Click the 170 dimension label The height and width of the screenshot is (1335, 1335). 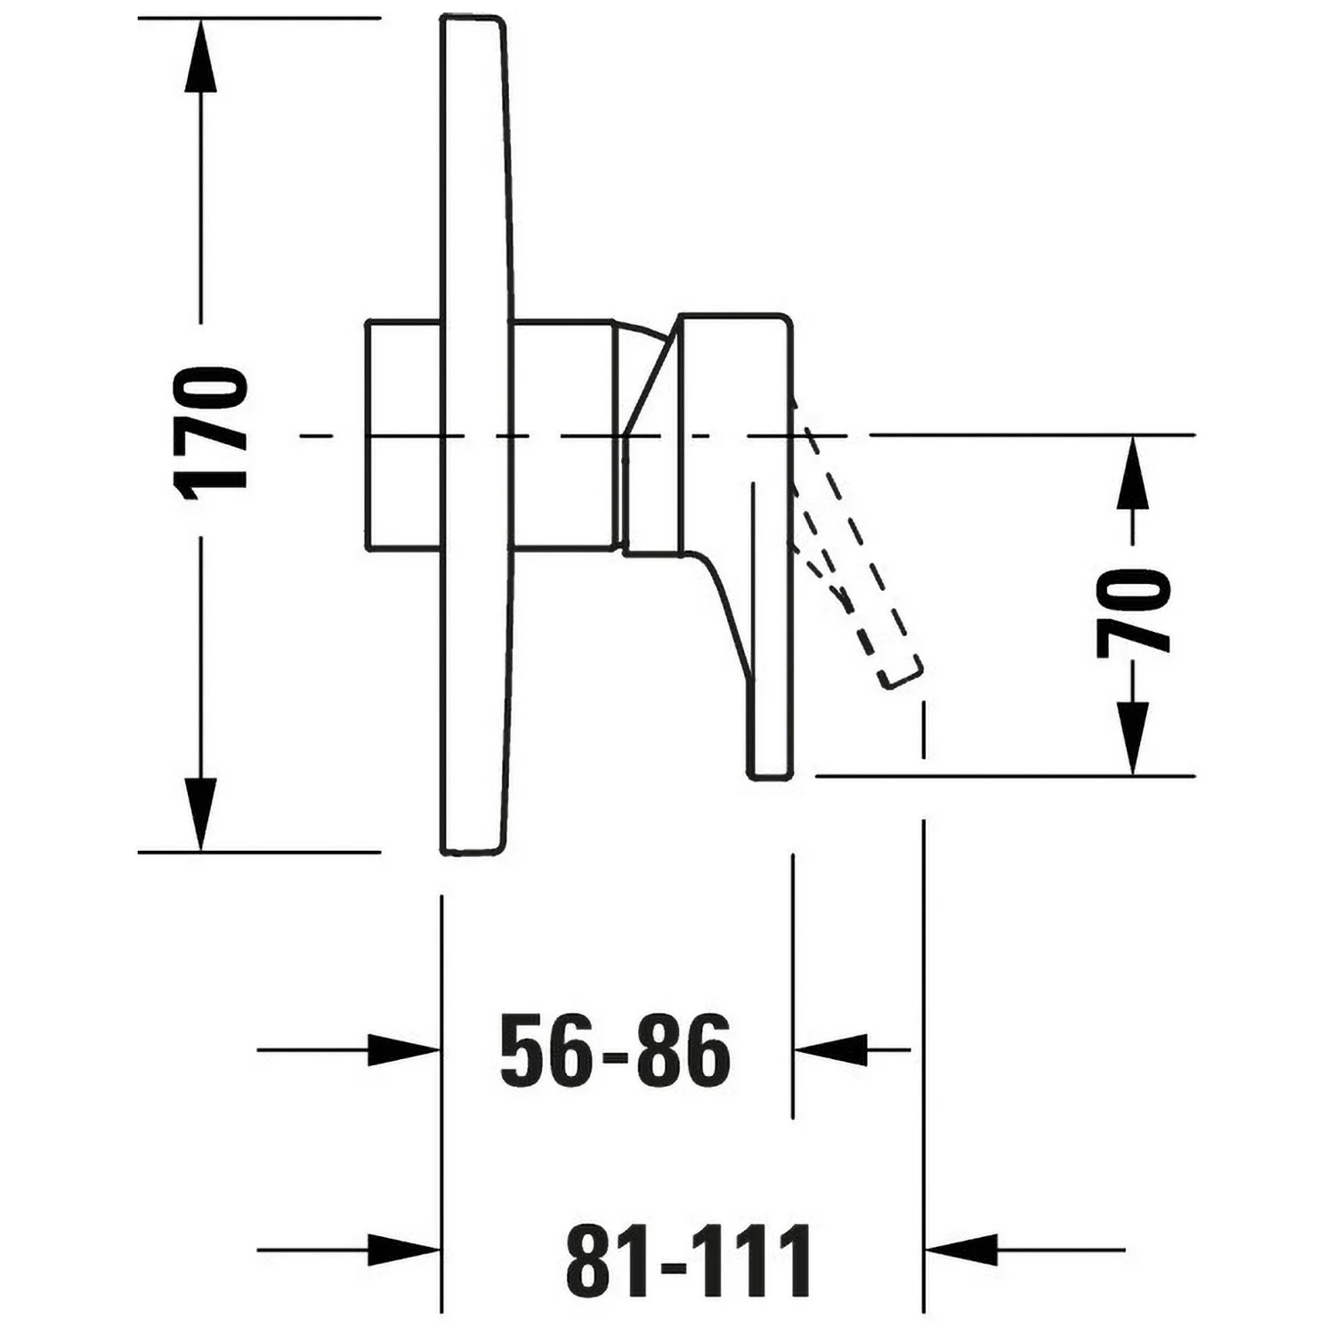point(210,433)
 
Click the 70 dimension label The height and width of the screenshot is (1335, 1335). point(1133,613)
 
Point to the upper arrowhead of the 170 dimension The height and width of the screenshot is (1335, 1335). point(200,55)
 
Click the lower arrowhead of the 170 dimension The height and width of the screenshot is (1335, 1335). point(200,813)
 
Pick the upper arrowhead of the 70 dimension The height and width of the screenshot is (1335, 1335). point(1132,473)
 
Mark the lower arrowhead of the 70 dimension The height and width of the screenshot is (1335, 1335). point(1132,738)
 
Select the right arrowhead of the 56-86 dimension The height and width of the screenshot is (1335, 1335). point(830,1050)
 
